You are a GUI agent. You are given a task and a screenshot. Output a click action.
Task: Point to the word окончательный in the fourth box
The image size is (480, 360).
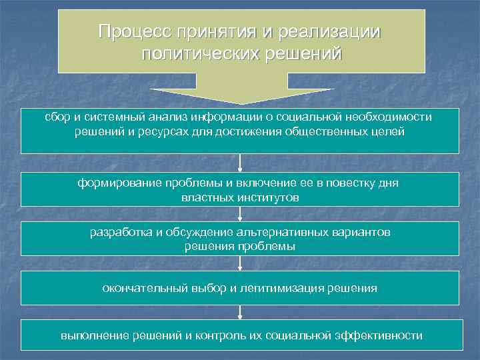(137, 289)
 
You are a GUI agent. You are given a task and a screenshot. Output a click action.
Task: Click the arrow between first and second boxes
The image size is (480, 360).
(240, 163)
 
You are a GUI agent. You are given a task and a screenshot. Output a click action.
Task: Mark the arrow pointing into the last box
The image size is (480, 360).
(240, 312)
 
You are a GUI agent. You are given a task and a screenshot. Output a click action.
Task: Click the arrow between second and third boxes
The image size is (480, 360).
(240, 213)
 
